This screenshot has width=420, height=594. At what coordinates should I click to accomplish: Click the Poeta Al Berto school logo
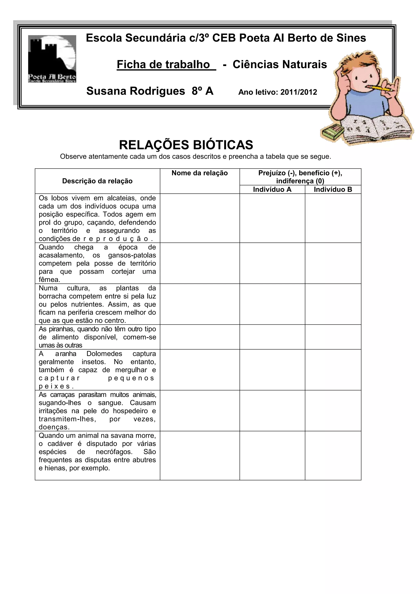[x=52, y=59]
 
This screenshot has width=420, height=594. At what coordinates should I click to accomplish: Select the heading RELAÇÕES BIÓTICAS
[x=186, y=145]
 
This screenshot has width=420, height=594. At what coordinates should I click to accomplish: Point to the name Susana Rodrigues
[x=136, y=91]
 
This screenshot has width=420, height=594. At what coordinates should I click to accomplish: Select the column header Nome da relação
[x=200, y=173]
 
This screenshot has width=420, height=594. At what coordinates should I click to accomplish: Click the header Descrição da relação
[x=97, y=181]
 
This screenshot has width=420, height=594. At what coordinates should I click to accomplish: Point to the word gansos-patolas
[x=132, y=255]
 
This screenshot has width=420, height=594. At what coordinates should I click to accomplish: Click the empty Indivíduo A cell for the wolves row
[x=272, y=218]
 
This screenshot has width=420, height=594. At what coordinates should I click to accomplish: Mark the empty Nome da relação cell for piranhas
[x=200, y=337]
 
